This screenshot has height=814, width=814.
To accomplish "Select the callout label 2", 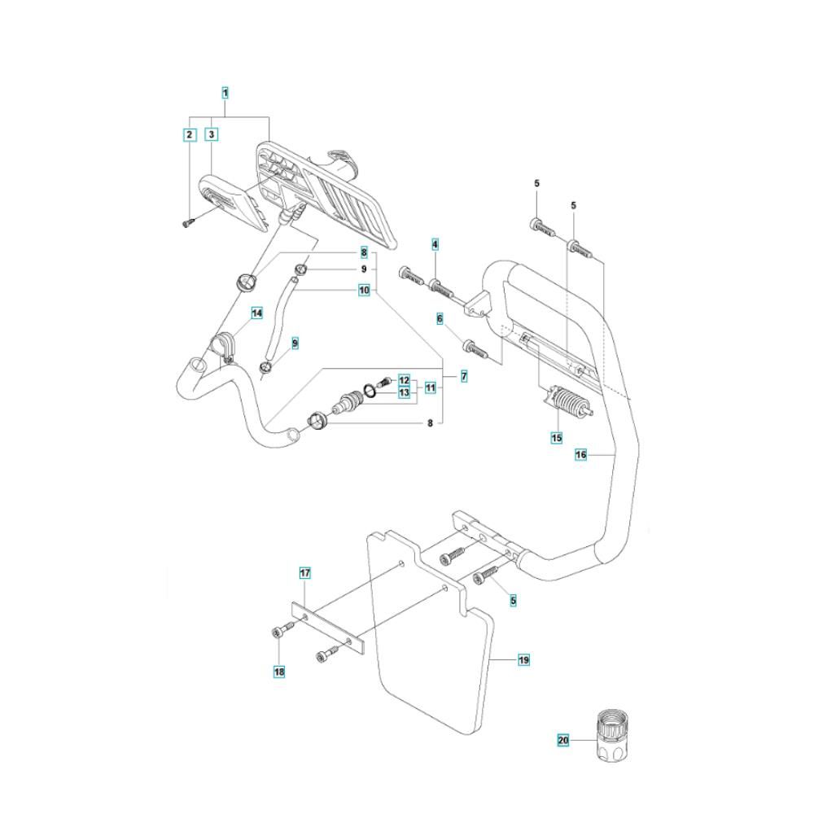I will click(x=189, y=133).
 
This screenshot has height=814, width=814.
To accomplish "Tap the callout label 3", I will click(x=211, y=133).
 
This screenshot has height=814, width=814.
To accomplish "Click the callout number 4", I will click(x=435, y=244).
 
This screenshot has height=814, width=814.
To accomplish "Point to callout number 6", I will click(x=440, y=319).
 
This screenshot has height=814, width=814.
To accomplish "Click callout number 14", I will click(x=256, y=313).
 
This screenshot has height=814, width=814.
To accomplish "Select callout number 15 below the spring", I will click(x=557, y=437).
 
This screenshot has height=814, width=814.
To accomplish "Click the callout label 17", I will click(x=304, y=574).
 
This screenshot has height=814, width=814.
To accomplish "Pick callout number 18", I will click(x=279, y=672).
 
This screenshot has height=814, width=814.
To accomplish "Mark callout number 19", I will click(x=524, y=659).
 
